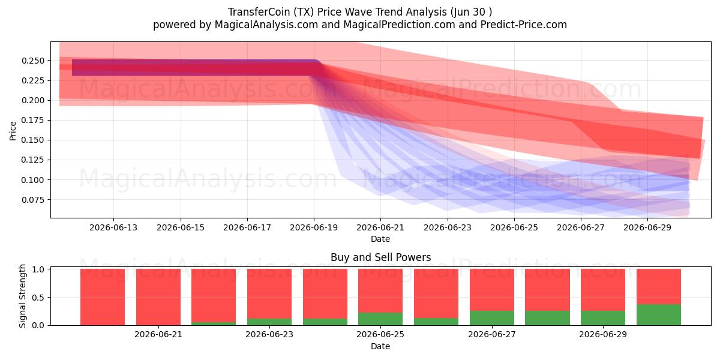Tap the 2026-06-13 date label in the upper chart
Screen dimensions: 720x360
(113, 227)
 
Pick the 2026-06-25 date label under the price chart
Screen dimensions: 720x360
(514, 227)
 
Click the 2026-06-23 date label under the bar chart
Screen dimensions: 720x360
(269, 334)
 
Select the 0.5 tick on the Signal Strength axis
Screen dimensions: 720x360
(38, 298)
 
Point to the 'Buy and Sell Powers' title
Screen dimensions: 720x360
(380, 257)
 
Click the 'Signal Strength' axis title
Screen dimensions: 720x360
(22, 296)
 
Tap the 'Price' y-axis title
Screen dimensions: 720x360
(13, 131)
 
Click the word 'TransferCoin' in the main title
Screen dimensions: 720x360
(259, 12)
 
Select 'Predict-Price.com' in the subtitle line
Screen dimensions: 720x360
(524, 25)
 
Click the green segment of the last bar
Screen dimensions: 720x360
(659, 314)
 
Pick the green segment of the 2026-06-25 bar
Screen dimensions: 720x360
(380, 319)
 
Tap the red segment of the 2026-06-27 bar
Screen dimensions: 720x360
(492, 290)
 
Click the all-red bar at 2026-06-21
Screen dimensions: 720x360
(158, 297)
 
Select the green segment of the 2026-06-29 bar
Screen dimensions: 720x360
(603, 318)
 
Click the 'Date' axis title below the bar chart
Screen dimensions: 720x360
(380, 346)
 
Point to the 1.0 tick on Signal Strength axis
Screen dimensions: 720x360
(38, 269)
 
